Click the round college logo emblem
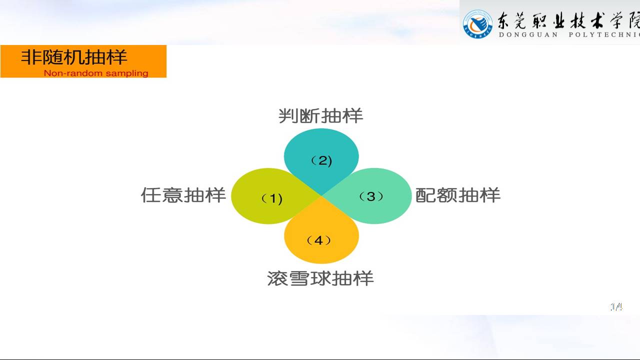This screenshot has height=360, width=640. tap(477, 24)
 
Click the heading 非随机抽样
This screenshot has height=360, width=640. tap(74, 57)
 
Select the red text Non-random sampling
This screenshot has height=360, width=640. tap(96, 73)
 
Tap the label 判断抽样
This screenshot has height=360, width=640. tap(320, 115)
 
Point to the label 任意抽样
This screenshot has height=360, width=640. tap(183, 195)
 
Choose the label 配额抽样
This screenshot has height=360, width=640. tap(457, 195)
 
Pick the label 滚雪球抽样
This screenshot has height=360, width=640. tap(320, 278)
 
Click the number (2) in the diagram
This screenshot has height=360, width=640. tap(321, 161)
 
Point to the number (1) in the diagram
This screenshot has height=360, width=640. tap(272, 198)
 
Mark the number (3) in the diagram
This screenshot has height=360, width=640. tap(371, 196)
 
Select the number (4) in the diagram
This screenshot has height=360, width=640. tap(318, 240)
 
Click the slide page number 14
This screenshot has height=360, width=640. tap(616, 307)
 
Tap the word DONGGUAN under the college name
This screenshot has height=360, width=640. tap(528, 35)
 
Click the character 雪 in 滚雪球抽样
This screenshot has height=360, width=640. tap(299, 278)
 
